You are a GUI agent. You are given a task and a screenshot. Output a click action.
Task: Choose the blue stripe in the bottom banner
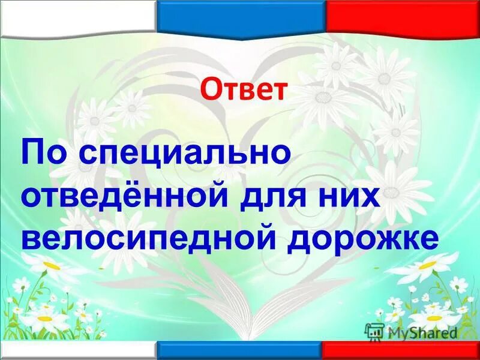pos(240,351)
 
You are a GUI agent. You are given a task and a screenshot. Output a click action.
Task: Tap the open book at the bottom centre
pos(240,318)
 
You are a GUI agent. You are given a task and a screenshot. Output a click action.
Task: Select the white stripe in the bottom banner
pos(78,351)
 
